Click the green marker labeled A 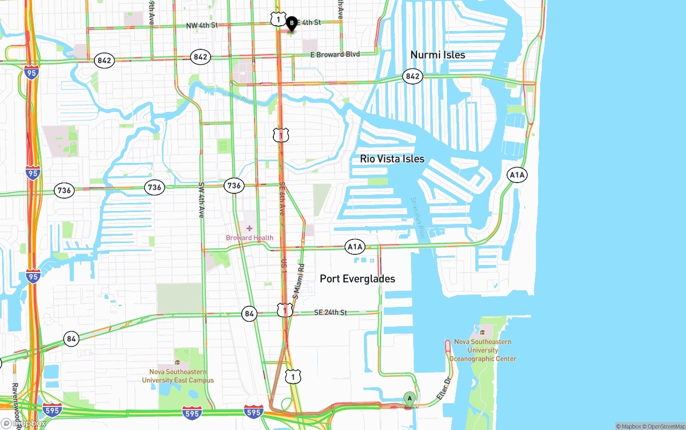coord(409,399)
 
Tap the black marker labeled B coord(292,24)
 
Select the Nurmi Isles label coord(437,55)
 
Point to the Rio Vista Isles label coord(392,159)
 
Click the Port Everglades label coord(357,278)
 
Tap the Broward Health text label coord(249,238)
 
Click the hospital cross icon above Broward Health coord(249,228)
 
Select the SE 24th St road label coord(331,312)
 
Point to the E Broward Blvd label coord(335,55)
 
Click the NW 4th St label coord(202,26)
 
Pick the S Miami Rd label coord(297,281)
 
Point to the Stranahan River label coord(418,217)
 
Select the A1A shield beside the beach coord(517,175)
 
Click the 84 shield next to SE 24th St coord(249,314)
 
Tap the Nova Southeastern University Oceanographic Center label coord(482,350)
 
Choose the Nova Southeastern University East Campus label coord(178,376)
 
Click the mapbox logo coord(23,423)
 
